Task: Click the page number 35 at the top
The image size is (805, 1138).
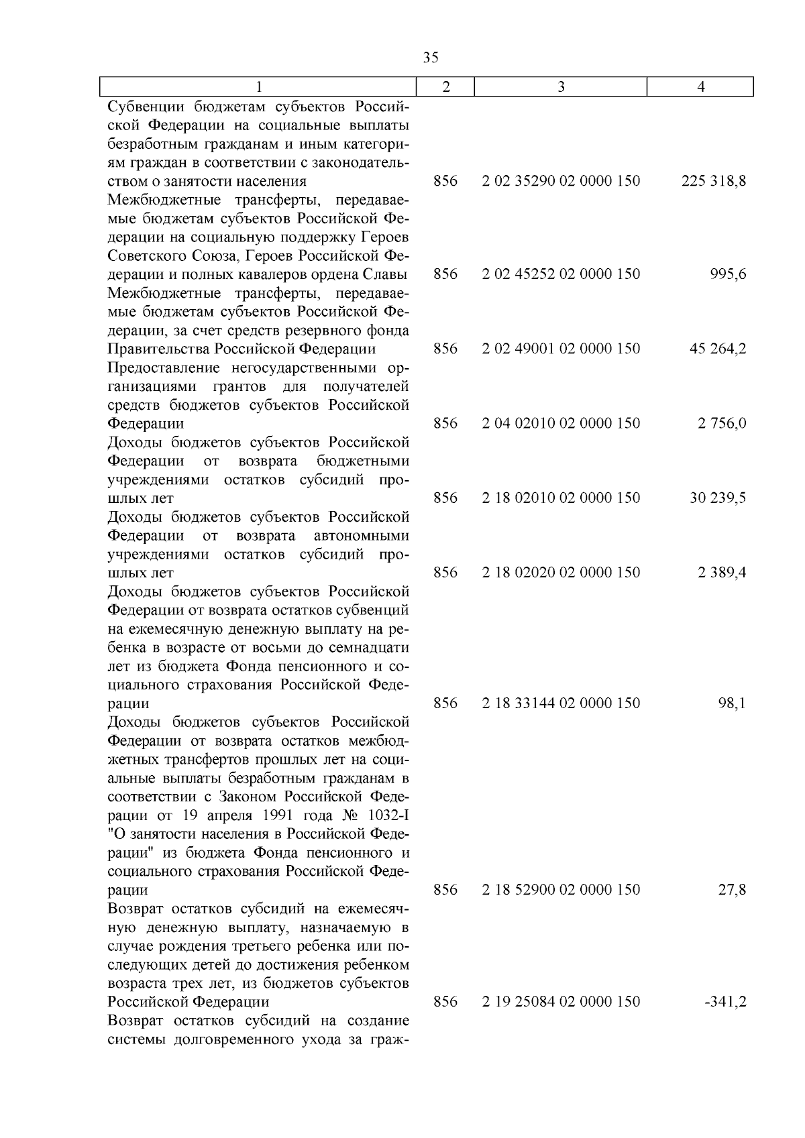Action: pos(431,58)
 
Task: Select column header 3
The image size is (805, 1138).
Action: pos(561,87)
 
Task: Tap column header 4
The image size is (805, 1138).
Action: pos(700,87)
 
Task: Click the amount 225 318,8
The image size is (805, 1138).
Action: pos(714,181)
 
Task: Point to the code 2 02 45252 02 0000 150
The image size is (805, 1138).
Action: pos(561,274)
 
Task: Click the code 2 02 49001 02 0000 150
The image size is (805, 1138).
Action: pos(561,349)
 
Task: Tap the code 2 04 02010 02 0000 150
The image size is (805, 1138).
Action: pos(561,423)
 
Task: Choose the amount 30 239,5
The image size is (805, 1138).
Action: pos(718,498)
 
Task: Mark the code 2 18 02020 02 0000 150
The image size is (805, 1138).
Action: pos(561,573)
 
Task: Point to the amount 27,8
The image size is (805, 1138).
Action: pos(733,890)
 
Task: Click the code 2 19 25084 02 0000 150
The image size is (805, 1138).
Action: pos(561,1002)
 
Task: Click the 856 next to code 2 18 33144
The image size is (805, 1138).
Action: pos(445,703)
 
